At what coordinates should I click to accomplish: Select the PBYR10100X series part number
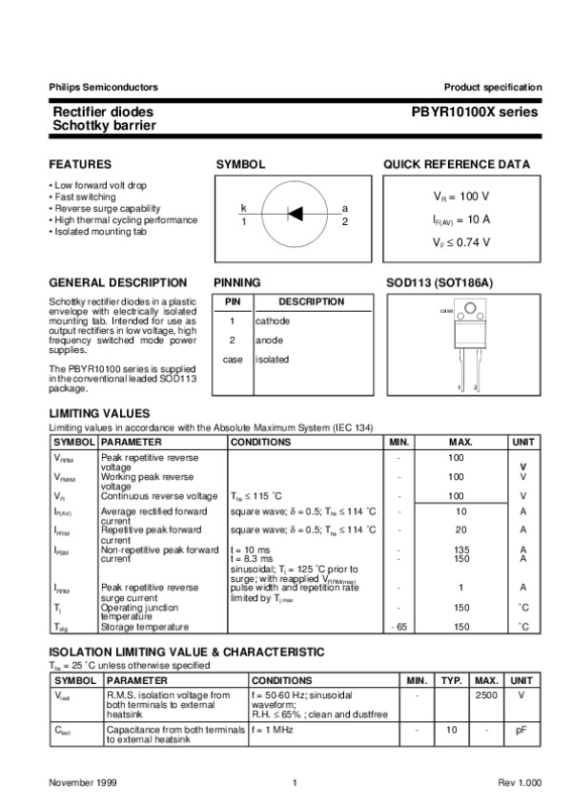[474, 112]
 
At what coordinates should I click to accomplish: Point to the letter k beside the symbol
[244, 208]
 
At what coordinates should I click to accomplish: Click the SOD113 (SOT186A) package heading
[439, 282]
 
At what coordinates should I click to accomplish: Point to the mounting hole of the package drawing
[469, 308]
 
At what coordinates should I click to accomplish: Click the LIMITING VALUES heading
[99, 412]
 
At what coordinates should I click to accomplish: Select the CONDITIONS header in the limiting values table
[260, 443]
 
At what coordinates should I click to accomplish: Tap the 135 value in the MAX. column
[456, 550]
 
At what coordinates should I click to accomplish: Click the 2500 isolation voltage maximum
[486, 695]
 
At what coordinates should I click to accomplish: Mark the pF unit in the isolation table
[521, 730]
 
